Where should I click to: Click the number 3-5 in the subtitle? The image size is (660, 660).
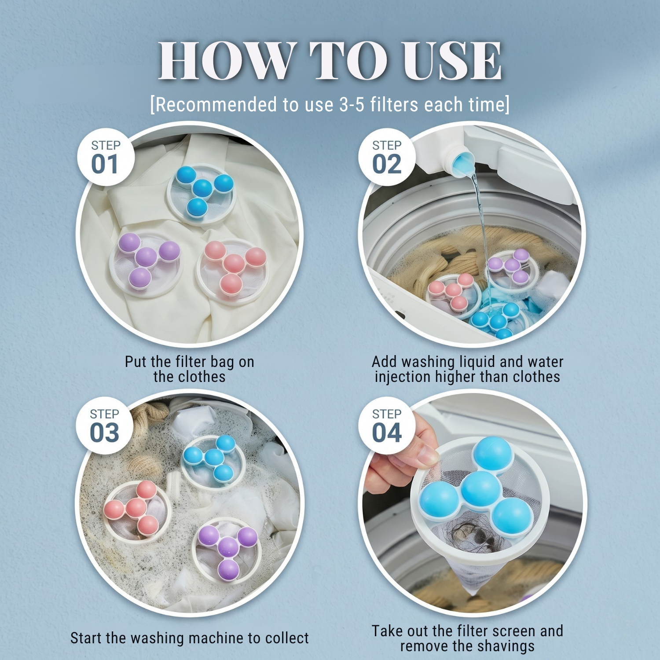352,105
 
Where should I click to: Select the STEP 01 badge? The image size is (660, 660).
106,157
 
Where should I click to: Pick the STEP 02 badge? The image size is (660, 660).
387,157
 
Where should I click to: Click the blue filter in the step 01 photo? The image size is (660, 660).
201,194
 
